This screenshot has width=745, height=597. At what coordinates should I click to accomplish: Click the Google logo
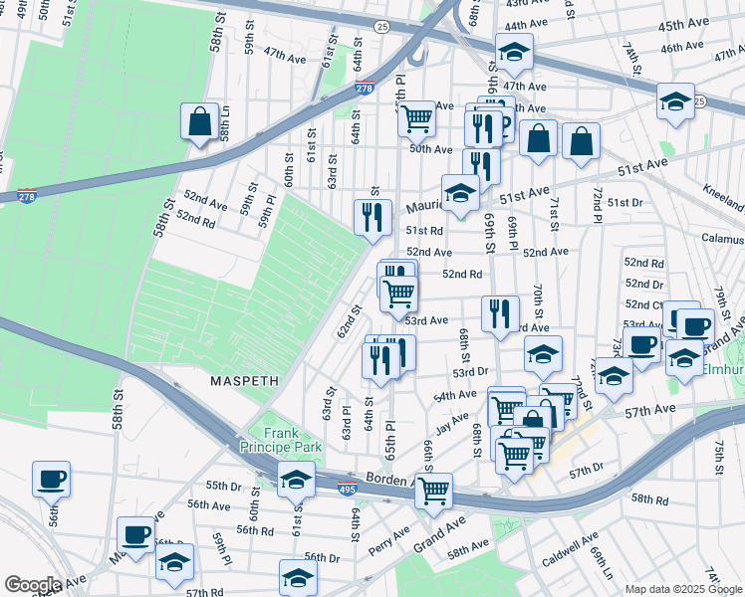tap(32, 585)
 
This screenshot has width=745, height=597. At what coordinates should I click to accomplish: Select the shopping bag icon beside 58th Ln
tap(199, 122)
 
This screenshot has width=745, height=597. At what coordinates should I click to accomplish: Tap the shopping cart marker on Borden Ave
tap(433, 492)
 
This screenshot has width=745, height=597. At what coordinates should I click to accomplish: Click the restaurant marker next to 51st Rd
tap(372, 217)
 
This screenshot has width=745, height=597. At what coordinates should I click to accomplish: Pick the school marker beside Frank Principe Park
tap(295, 481)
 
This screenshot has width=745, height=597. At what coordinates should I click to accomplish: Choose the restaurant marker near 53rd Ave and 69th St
tap(500, 312)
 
